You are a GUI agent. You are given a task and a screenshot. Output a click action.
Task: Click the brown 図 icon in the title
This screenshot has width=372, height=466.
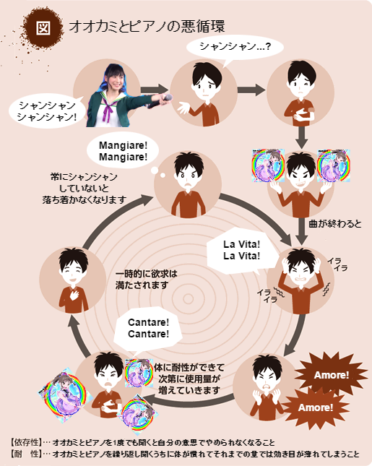pyautogui.click(x=43, y=27)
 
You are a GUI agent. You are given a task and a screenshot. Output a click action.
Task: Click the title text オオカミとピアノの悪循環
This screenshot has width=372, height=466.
pyautogui.click(x=147, y=26)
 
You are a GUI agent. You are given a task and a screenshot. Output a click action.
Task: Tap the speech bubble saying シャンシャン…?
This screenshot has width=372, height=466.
pyautogui.click(x=235, y=48)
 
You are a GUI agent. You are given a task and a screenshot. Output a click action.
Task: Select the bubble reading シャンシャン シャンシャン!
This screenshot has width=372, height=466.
pyautogui.click(x=47, y=111)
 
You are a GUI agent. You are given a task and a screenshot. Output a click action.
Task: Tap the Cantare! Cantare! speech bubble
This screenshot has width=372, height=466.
pyautogui.click(x=148, y=328)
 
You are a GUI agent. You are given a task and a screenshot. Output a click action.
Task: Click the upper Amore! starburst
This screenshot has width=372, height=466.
pyautogui.click(x=332, y=375)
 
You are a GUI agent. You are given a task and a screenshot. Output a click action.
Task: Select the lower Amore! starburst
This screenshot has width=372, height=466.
pyautogui.click(x=316, y=407)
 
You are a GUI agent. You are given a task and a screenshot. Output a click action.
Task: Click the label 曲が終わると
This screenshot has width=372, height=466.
pyautogui.click(x=335, y=223)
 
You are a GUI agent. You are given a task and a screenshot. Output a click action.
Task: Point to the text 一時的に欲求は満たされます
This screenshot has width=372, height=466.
pyautogui.click(x=146, y=279)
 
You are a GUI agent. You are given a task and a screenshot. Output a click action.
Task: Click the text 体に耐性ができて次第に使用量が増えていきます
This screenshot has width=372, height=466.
pyautogui.click(x=189, y=379)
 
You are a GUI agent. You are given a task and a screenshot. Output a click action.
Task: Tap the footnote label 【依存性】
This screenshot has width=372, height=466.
pyautogui.click(x=25, y=442)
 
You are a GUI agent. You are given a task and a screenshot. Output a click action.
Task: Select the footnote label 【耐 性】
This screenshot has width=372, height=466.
pyautogui.click(x=25, y=454)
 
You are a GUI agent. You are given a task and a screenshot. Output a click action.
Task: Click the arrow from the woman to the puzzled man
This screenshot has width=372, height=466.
pyautogui.click(x=155, y=90)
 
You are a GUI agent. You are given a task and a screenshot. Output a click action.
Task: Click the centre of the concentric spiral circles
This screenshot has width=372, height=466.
pyautogui.click(x=188, y=298)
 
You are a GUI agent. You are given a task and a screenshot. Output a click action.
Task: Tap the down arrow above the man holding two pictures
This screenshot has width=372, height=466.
pyautogui.click(x=302, y=137)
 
